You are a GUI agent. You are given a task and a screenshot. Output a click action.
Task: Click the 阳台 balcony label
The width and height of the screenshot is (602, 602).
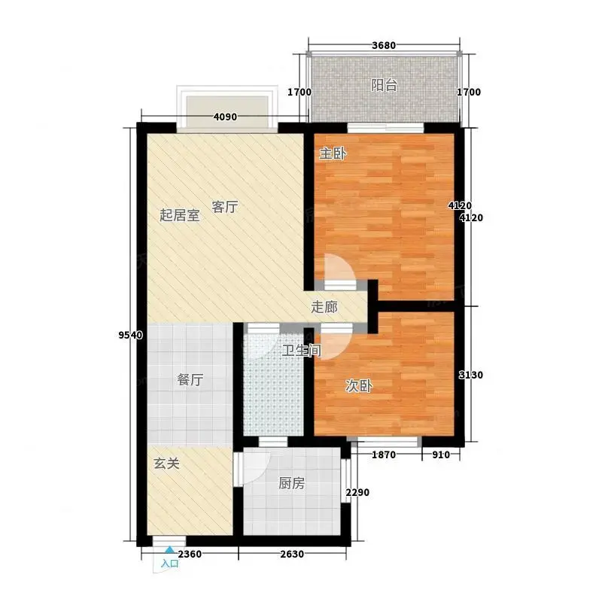pos(384,85)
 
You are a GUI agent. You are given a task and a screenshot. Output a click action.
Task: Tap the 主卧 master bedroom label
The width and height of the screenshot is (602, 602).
pos(333,154)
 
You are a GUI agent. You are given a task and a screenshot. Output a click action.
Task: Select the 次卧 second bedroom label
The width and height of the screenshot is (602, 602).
pos(359,386)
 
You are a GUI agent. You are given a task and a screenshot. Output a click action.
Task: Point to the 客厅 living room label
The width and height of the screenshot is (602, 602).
pos(225,207)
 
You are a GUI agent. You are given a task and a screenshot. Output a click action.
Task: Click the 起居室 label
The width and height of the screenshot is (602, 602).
pos(180,215)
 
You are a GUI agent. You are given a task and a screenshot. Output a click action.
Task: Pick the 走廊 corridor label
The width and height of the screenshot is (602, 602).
pos(324,307)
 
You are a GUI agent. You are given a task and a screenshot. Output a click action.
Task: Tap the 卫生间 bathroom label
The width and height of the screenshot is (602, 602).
pos(302,350)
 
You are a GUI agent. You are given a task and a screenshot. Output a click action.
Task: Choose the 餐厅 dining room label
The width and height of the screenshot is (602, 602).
pos(190,380)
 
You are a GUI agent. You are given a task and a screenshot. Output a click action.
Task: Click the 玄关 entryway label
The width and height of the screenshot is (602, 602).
pos(166,464)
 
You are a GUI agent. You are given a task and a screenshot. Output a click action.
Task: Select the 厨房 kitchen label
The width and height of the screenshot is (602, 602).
pos(292,483)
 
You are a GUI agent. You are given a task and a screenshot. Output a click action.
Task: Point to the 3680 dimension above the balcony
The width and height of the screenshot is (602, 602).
pos(384,45)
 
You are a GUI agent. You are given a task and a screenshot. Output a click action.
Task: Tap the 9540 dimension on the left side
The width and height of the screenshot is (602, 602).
pos(130,335)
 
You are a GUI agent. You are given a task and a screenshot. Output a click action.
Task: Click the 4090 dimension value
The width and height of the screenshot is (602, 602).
pos(225,117)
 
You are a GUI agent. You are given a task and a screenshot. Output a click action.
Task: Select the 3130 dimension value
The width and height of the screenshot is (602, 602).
pos(471,375)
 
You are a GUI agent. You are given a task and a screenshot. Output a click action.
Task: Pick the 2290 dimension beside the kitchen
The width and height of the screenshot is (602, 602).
pos(357,492)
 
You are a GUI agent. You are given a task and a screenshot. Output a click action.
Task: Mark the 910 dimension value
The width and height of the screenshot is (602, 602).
pos(441,455)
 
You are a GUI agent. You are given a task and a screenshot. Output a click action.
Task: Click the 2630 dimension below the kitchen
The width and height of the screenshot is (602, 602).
pos(292,554)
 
